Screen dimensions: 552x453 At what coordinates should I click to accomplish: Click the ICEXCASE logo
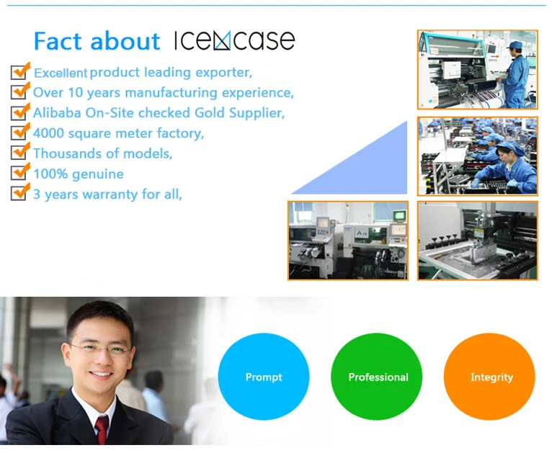tap(234, 40)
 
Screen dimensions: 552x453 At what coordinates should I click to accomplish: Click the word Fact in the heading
tap(58, 41)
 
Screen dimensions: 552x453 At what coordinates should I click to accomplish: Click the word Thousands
tap(68, 153)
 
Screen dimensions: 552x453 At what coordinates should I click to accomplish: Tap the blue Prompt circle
tap(264, 377)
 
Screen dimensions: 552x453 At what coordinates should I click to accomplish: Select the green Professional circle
tap(377, 377)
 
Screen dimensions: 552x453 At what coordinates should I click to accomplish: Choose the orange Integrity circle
tap(489, 377)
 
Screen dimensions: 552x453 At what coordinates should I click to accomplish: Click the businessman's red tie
tap(102, 429)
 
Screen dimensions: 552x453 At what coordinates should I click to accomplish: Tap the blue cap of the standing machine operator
tap(515, 45)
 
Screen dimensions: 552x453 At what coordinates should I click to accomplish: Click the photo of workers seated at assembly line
tap(478, 156)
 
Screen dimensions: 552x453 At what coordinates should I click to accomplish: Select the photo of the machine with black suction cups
tap(478, 241)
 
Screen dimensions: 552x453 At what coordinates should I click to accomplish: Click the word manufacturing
tap(171, 93)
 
